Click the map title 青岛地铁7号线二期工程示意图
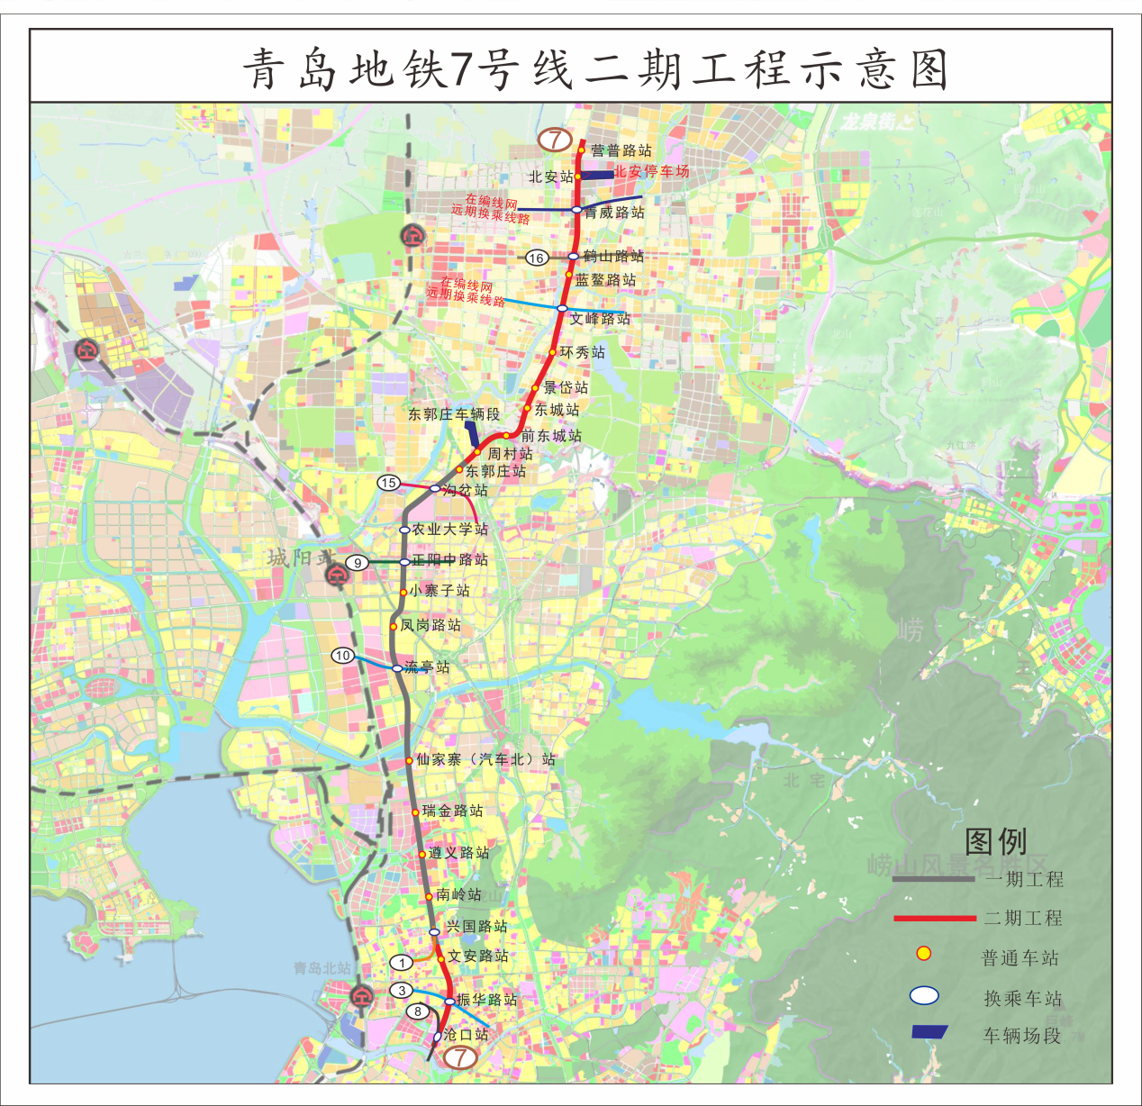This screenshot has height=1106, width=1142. click(595, 68)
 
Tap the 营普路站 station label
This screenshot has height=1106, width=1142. click(621, 150)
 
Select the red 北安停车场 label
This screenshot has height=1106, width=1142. click(651, 171)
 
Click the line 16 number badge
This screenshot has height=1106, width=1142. click(537, 258)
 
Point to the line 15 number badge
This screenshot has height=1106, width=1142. click(388, 483)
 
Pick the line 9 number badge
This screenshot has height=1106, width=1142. click(358, 563)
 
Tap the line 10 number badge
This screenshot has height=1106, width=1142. click(342, 656)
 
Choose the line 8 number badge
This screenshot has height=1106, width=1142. click(418, 1011)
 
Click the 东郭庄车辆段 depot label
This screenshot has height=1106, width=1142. click(453, 414)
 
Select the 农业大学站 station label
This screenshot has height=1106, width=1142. click(449, 530)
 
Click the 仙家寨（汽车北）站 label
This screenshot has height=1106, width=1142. click(485, 759)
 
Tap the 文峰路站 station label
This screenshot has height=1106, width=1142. click(600, 319)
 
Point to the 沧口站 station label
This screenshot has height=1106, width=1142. click(466, 1035)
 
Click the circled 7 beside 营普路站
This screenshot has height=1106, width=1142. click(555, 140)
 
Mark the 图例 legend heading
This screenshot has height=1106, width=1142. click(995, 842)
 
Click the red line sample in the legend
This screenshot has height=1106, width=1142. click(934, 919)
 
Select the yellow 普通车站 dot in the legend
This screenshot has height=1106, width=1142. click(923, 954)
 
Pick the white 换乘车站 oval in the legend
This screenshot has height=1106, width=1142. click(924, 995)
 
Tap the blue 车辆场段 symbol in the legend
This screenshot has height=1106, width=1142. click(929, 1032)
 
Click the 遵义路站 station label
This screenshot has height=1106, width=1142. click(459, 853)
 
